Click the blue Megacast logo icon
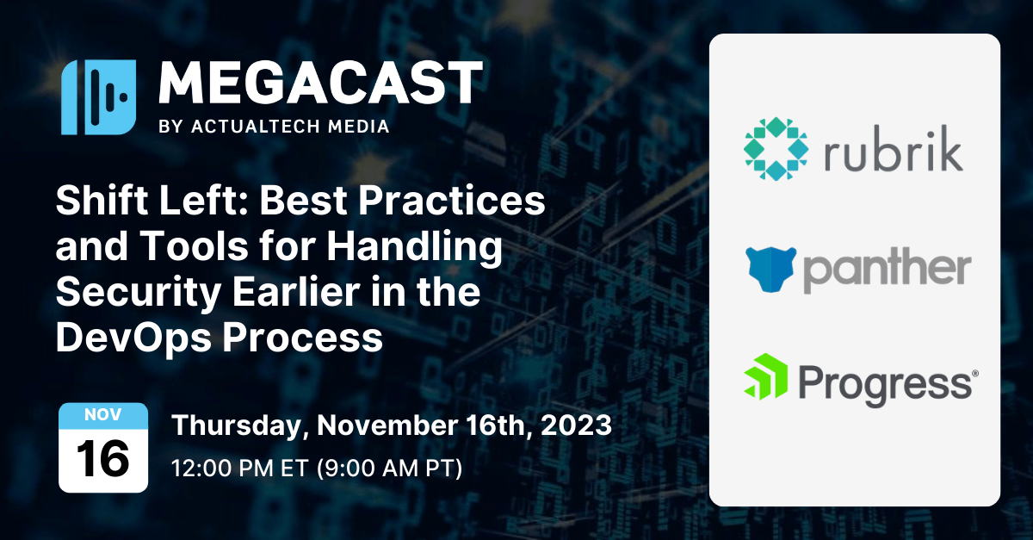tap(97, 97)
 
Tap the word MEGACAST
tap(320, 84)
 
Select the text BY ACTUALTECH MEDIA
tap(275, 127)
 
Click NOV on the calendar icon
tap(102, 416)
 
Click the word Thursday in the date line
tap(244, 425)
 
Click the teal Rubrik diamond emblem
tap(776, 148)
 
